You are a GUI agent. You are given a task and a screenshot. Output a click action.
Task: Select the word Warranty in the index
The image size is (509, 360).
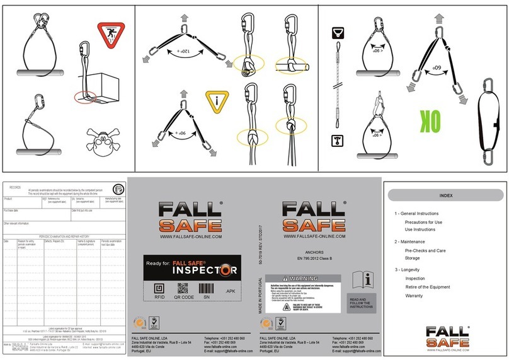(415, 296)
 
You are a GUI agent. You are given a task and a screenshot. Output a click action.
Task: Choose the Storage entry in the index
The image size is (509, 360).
(413, 258)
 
